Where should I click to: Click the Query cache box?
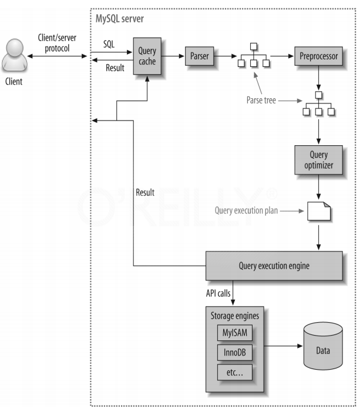(147, 56)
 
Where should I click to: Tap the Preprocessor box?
(318, 56)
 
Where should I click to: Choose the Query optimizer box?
(318, 161)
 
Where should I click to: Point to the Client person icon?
(14, 58)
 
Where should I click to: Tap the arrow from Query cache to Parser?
(173, 56)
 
